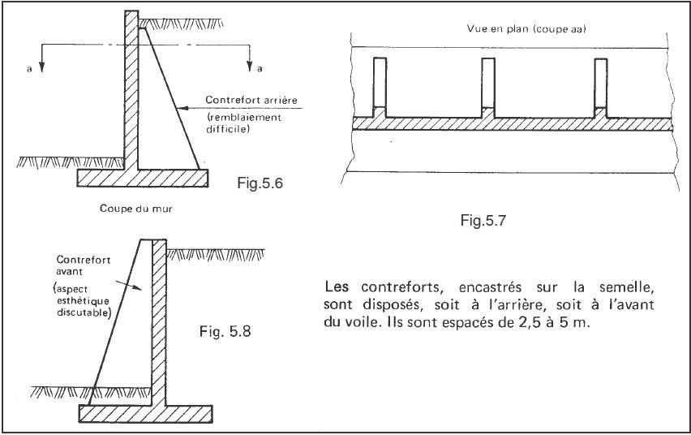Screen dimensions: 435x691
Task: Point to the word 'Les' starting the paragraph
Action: pos(334,287)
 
